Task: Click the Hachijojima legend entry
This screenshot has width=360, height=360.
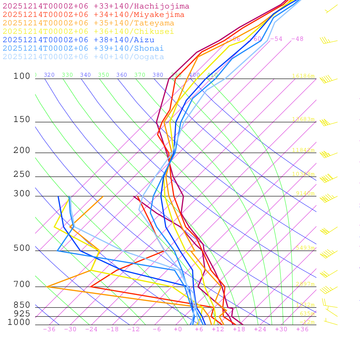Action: coord(96,6)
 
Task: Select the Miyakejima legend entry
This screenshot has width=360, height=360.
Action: coord(93,15)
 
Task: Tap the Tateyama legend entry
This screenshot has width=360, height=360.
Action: coord(88,23)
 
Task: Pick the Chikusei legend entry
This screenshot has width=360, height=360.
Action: coord(88,32)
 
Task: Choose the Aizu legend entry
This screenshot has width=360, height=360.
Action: coord(78,40)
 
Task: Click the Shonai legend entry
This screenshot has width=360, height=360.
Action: coord(83,49)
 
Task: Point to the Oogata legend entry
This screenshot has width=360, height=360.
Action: coord(83,57)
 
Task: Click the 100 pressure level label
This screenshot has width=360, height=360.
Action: coord(22,76)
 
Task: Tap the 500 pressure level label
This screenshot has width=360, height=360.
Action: coord(22,249)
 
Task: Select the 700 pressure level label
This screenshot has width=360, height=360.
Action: coord(22,284)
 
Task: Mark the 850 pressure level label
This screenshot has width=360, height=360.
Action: coord(22,305)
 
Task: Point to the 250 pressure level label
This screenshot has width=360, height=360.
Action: coord(22,174)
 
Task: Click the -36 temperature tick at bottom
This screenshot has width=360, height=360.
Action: coord(49,329)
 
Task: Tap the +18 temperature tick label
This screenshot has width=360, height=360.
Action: coord(239,329)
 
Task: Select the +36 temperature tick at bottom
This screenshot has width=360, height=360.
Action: coord(302,329)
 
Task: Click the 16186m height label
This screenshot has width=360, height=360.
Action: coord(303,76)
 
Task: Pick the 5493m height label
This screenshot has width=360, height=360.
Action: coord(305,248)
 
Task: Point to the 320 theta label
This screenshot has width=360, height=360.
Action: coord(49,75)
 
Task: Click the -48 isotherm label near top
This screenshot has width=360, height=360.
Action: coord(297,39)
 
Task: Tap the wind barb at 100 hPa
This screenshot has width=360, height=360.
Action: coord(328,79)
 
